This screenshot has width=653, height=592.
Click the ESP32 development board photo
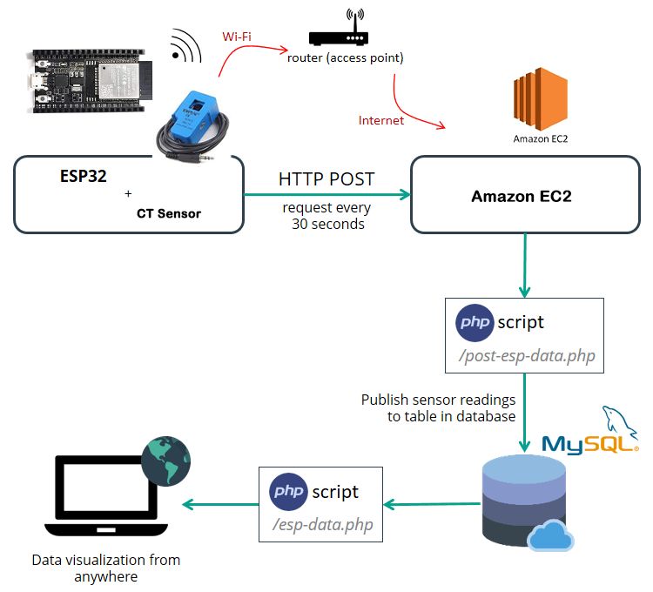[90, 81]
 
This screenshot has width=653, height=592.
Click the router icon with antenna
[339, 28]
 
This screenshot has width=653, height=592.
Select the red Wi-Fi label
[237, 37]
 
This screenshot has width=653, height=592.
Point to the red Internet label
[381, 120]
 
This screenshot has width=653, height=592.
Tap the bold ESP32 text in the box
[84, 176]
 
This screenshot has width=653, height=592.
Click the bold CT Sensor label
[169, 213]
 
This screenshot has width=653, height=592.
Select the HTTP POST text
[326, 179]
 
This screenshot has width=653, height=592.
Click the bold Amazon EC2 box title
[522, 196]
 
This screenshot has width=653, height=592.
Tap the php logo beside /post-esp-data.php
[475, 323]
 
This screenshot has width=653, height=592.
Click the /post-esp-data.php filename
[527, 356]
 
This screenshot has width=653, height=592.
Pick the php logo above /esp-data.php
[288, 492]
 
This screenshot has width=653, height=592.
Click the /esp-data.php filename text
[322, 525]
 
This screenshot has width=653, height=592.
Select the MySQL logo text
[589, 445]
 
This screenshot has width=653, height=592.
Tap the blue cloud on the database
[550, 535]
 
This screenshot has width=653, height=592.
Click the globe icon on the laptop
[165, 461]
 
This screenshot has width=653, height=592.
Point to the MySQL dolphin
[619, 421]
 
